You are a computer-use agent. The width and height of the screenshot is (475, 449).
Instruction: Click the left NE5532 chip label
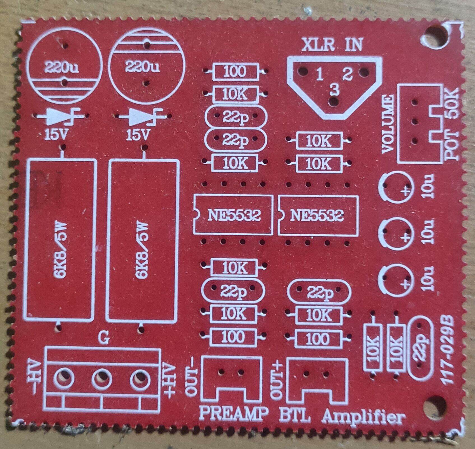point(234,216)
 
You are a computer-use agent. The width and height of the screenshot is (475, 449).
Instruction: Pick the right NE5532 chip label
point(317,216)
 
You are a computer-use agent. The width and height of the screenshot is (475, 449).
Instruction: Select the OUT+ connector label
point(276,378)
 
